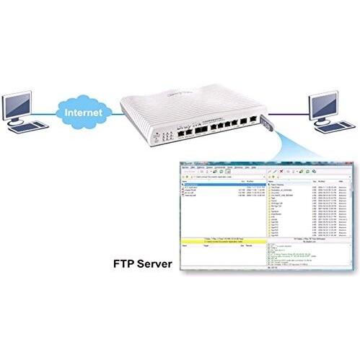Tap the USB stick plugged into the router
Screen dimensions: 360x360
pos(265,124)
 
